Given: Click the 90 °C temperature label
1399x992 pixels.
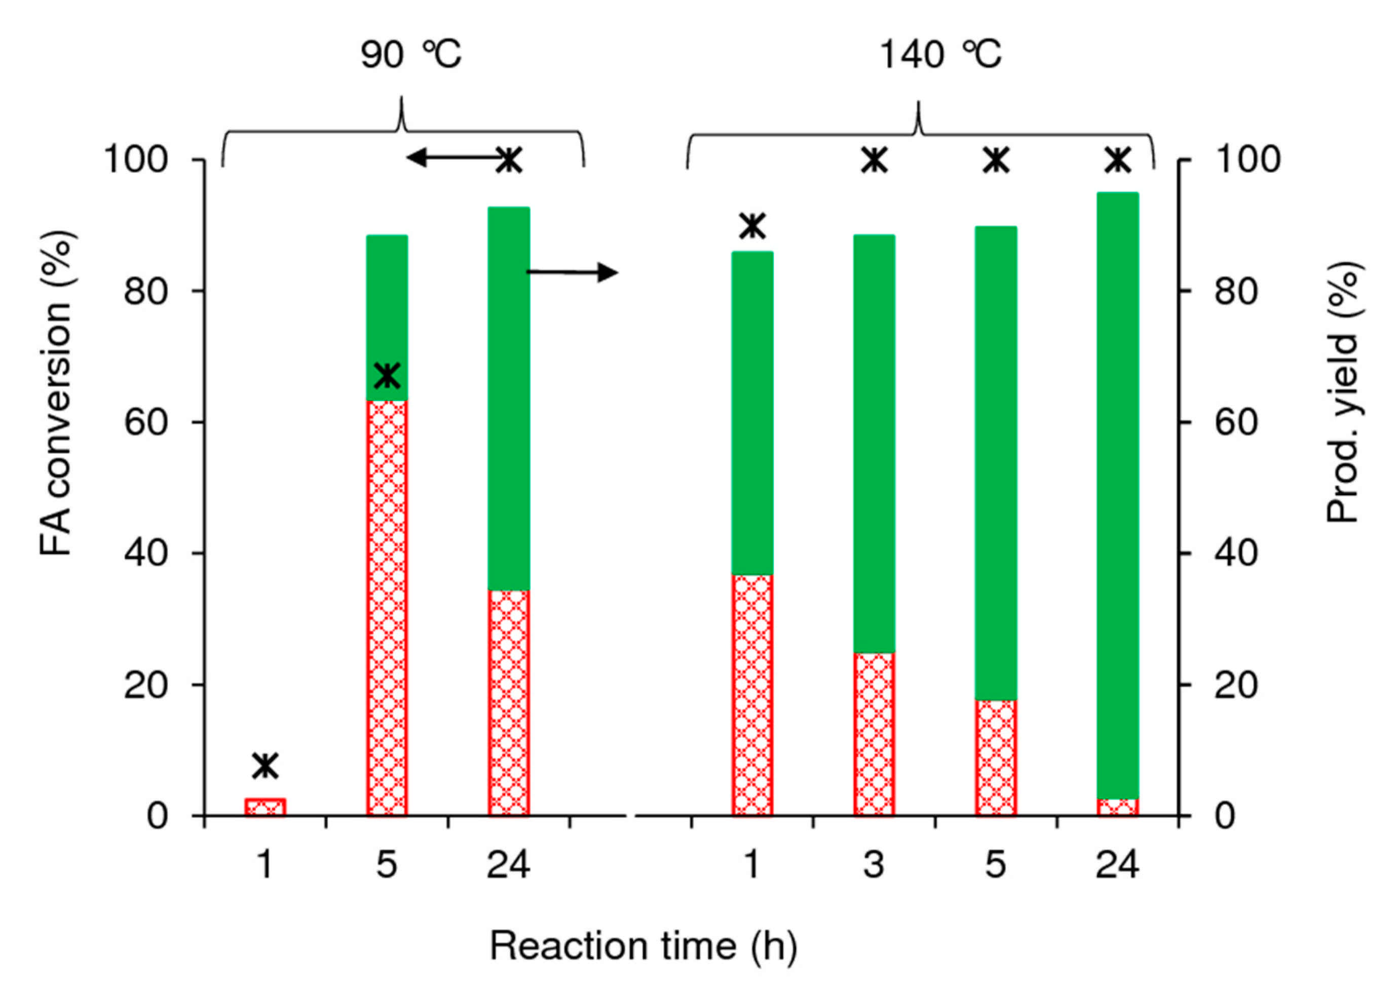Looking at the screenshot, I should tap(411, 55).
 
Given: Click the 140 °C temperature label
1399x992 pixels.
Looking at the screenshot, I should tap(940, 55).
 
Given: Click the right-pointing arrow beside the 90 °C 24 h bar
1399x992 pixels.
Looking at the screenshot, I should tap(572, 272).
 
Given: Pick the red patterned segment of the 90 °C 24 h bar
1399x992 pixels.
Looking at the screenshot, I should tap(509, 702).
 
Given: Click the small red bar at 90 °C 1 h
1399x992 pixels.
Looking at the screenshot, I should tap(265, 806).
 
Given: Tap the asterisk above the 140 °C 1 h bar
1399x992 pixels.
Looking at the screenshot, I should tap(752, 226).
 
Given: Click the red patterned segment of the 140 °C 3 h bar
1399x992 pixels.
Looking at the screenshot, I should tap(874, 734).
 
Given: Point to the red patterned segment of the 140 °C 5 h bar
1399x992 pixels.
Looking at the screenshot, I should tap(996, 758).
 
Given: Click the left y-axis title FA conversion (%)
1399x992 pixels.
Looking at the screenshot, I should tap(56, 394).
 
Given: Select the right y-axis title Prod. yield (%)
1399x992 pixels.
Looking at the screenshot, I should tap(1342, 394).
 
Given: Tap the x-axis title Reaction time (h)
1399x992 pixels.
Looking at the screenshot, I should tap(643, 946).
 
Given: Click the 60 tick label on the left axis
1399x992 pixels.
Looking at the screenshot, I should tap(146, 422).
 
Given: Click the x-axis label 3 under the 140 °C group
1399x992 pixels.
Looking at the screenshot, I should tap(874, 865).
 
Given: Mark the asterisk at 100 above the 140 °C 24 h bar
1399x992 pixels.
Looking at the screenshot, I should tap(1118, 160).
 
